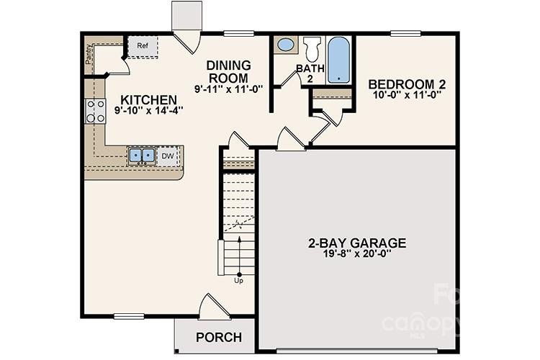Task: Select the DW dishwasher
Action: (167, 156)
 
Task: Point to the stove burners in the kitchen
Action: (96, 111)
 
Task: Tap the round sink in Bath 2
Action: (286, 45)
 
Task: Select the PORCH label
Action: (219, 337)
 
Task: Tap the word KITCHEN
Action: (148, 99)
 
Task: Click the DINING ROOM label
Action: (228, 71)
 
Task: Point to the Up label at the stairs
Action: (238, 281)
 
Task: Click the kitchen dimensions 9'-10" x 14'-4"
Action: (148, 111)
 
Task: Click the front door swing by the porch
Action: (213, 307)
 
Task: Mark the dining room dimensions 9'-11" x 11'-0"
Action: (228, 89)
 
